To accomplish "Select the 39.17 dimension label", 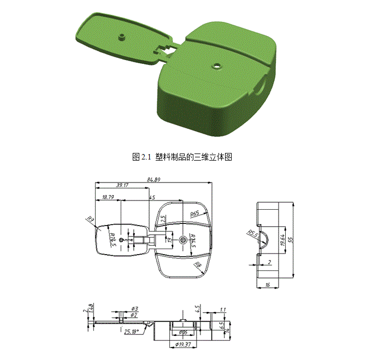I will [122, 185].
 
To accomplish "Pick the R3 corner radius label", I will [90, 220].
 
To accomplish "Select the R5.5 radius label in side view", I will [252, 234].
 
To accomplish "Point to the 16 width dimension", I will [268, 285].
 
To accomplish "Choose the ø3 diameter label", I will [134, 309].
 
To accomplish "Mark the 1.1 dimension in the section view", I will [222, 310].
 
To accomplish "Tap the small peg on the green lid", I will [121, 38].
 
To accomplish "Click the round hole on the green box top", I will [217, 66].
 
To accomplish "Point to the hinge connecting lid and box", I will [164, 50].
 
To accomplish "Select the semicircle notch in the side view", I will [262, 239].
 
